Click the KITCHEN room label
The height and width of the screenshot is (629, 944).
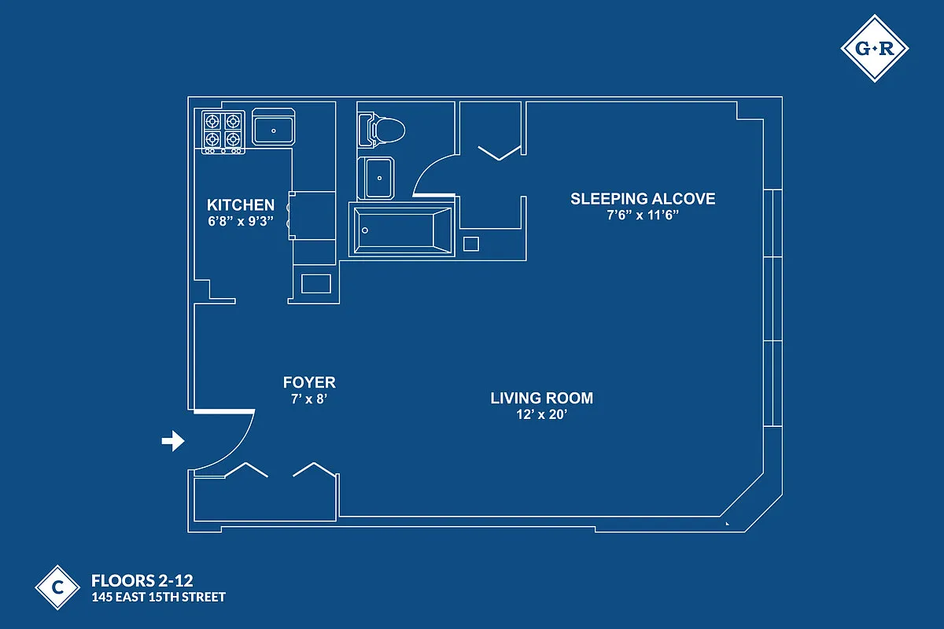tap(241, 205)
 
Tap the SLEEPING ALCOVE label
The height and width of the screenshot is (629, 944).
tap(643, 199)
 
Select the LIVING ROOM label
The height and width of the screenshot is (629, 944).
tap(541, 398)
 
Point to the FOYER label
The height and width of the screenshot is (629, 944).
tap(309, 383)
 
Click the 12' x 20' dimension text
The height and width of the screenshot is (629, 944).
tap(541, 414)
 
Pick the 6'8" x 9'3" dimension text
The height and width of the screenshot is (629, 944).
tap(241, 221)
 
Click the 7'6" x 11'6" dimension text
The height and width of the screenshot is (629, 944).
tap(643, 215)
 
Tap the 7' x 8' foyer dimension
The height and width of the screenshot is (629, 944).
tap(309, 399)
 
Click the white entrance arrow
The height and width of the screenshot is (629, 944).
tap(173, 441)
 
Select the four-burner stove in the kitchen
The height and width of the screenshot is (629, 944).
tap(223, 132)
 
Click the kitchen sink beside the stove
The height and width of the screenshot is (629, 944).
tap(274, 127)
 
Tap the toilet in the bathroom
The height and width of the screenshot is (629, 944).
tap(382, 131)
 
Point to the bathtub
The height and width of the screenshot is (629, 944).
tap(402, 230)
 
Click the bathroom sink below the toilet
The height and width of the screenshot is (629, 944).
tap(376, 178)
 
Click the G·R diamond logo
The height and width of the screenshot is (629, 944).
tap(875, 49)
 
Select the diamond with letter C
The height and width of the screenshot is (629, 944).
tap(57, 587)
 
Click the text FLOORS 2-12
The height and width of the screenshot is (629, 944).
tap(142, 581)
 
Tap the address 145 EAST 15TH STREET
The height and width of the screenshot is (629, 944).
tap(159, 598)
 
